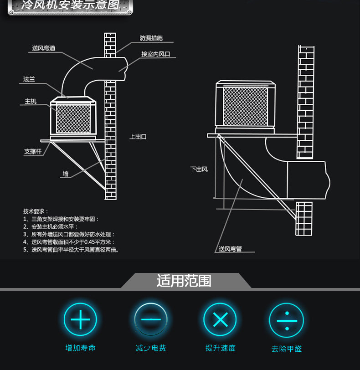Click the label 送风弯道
(x=44, y=48)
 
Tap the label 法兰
(x=29, y=79)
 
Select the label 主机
(x=31, y=102)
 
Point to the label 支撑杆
(x=33, y=151)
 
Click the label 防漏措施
(x=151, y=38)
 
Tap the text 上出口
(x=138, y=137)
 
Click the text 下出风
(x=199, y=169)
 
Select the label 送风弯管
(x=230, y=249)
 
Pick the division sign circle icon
(x=286, y=320)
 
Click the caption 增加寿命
(x=80, y=348)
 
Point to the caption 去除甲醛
(x=286, y=349)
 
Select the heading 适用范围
(x=184, y=280)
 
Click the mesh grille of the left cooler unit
(x=73, y=118)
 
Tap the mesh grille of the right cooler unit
(x=245, y=106)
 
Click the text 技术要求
(x=35, y=211)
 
